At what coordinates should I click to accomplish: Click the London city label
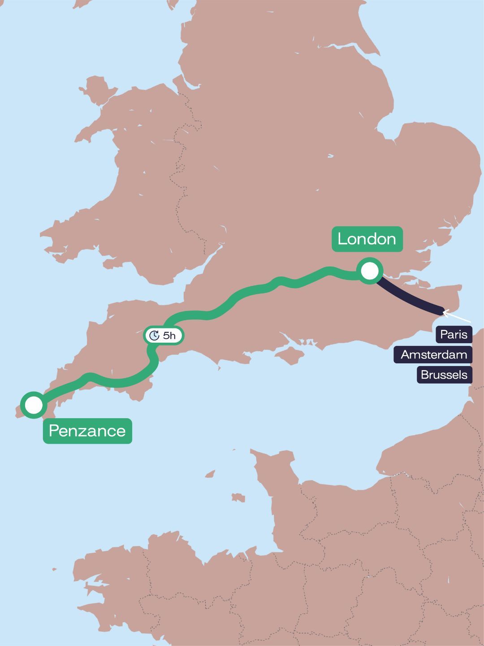[x=367, y=239]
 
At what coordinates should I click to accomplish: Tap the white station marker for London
[x=370, y=271]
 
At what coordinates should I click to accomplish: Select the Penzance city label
[x=87, y=431]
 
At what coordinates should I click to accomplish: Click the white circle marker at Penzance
[x=34, y=405]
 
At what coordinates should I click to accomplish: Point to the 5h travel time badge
[x=164, y=336]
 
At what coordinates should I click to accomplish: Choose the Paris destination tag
[x=454, y=334]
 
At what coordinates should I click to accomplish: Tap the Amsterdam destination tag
[x=433, y=354]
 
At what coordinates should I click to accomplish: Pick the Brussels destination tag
[x=444, y=375]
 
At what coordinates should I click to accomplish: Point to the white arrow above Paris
[x=455, y=316]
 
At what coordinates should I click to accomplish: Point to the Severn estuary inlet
[x=197, y=274]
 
